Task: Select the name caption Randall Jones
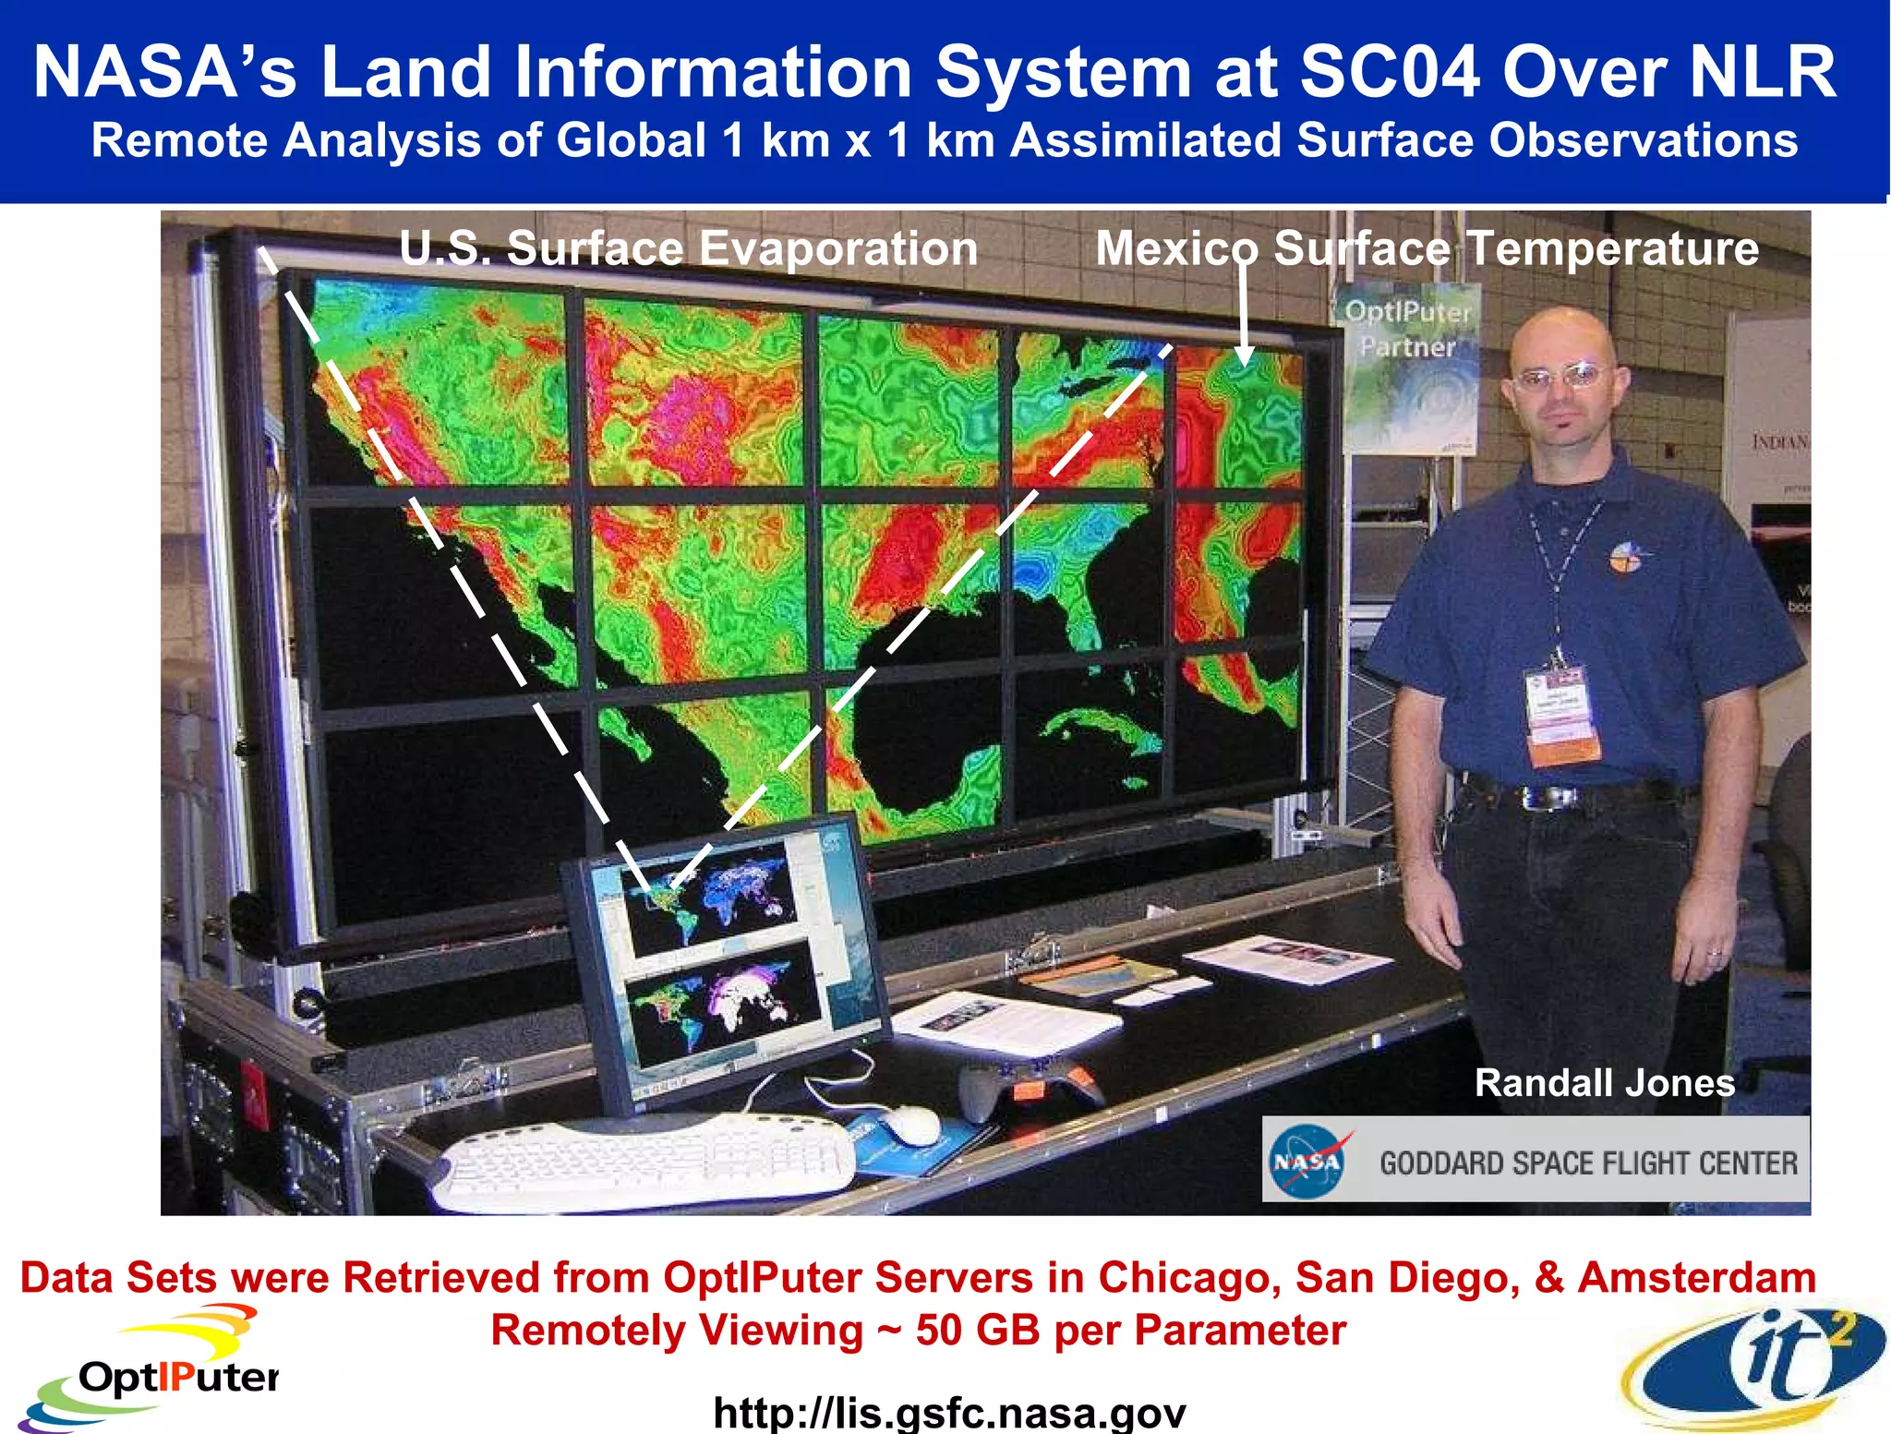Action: [1604, 1083]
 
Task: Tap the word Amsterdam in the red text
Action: [1696, 1278]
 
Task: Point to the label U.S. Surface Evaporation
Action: [688, 248]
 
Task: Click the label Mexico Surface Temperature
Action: [1427, 248]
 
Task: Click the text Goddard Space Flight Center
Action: [1588, 1163]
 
